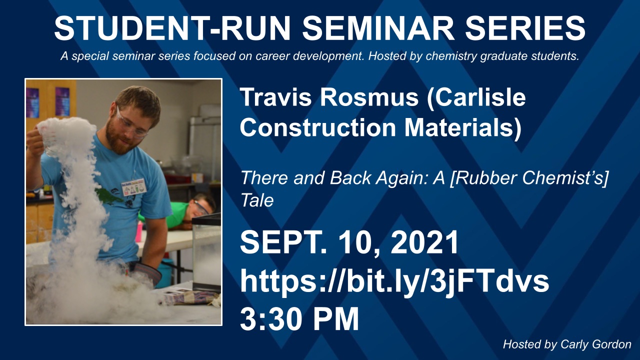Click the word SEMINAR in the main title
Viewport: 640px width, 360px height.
click(378, 28)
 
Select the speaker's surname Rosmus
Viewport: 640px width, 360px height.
click(369, 97)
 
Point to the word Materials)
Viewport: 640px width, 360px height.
click(463, 127)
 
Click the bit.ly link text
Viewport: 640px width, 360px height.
click(394, 281)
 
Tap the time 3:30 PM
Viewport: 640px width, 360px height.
click(299, 318)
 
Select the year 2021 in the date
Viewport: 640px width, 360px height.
click(424, 243)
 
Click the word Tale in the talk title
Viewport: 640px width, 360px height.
click(257, 200)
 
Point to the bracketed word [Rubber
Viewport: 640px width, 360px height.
click(483, 177)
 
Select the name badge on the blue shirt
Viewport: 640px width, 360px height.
click(133, 187)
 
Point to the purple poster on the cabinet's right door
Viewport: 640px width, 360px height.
click(62, 101)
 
